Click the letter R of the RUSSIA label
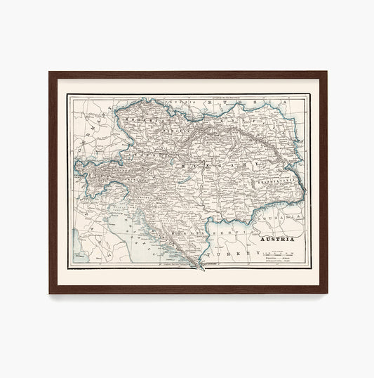206,102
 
